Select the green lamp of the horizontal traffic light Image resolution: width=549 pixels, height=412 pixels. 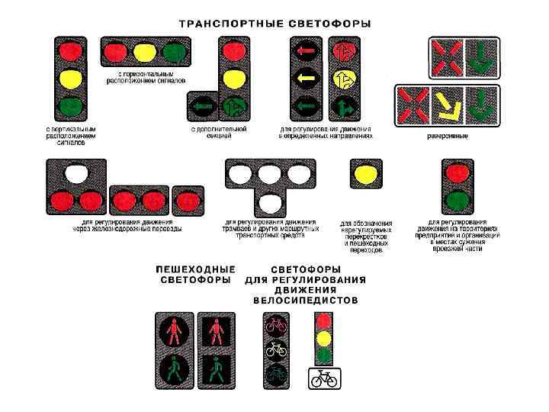(174, 53)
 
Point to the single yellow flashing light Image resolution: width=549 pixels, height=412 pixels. (364, 174)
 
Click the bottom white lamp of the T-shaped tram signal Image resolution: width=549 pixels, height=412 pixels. (271, 202)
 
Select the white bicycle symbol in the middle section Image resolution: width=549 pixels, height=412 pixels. (275, 350)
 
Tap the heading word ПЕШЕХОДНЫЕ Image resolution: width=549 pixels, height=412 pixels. (195, 269)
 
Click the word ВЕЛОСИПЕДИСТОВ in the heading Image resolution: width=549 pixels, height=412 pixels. (305, 301)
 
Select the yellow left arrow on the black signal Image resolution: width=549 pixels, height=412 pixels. (307, 77)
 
